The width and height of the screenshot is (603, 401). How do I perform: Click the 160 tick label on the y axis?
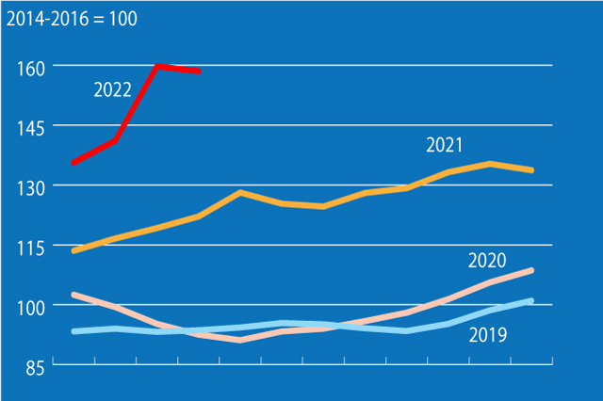coord(32,67)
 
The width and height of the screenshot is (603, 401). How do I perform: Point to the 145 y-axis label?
coord(32,127)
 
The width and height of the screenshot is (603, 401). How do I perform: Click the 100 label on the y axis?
coord(32,307)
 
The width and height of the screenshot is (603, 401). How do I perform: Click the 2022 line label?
coord(113,90)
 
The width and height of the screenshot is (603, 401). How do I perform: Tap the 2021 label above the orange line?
coord(445,145)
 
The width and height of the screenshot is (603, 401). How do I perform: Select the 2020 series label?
coord(487,261)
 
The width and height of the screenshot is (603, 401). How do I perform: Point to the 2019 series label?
coord(487,334)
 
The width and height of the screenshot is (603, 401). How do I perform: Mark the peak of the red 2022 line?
coord(157,66)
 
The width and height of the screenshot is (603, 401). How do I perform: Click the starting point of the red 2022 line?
coord(73,163)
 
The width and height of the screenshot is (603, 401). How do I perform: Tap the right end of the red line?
coord(198,71)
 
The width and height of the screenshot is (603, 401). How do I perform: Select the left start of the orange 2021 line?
coord(73,251)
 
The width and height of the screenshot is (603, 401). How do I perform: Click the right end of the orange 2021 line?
coord(532,170)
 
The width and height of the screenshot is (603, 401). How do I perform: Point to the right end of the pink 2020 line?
coord(532,271)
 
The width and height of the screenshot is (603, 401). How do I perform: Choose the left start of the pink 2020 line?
coord(73,295)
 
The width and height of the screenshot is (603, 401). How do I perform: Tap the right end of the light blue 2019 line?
coord(532,301)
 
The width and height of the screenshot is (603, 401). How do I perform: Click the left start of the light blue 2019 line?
coord(73,331)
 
